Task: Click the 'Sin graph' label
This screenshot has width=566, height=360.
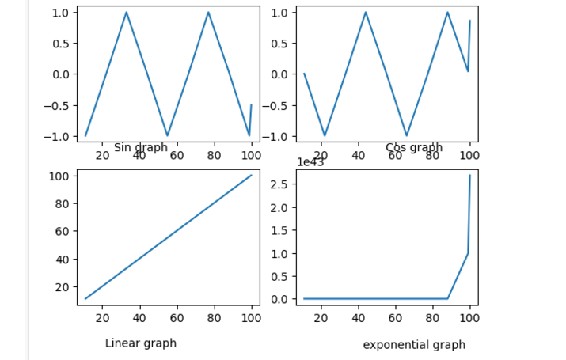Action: [x=141, y=147]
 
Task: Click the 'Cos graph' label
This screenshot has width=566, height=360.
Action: [x=414, y=147]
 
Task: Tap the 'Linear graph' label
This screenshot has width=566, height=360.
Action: [x=141, y=343]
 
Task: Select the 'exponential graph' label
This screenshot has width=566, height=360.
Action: [x=414, y=345]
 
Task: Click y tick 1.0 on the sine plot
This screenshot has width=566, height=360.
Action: [x=60, y=13]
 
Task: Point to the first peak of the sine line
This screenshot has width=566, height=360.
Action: [x=127, y=12]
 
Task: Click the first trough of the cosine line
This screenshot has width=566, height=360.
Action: [x=325, y=135]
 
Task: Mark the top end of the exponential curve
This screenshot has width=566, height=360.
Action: [x=470, y=176]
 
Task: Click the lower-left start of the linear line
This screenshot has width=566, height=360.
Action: [x=85, y=299]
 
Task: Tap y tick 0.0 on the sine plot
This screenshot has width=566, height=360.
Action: [x=60, y=74]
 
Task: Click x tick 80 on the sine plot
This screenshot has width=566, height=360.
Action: [x=214, y=154]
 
